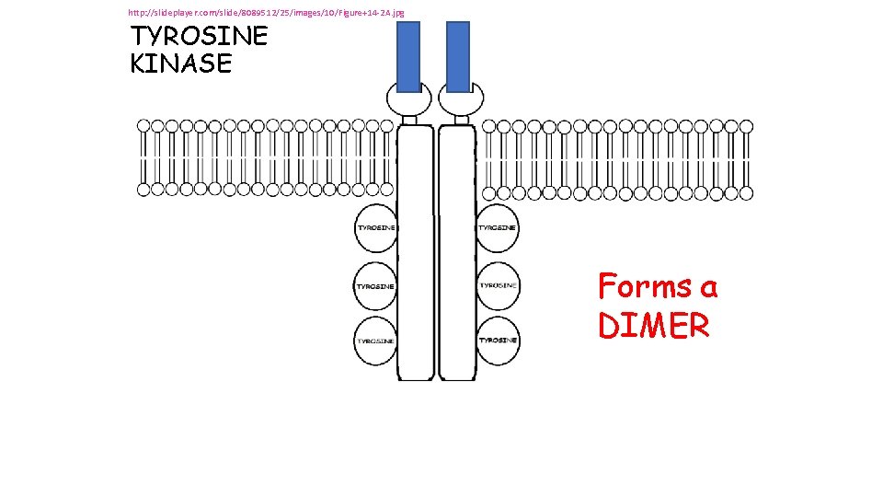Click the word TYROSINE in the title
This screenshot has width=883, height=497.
200,37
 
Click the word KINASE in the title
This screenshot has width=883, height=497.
181,64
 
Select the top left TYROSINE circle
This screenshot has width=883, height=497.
377,227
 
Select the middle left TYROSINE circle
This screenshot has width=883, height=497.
376,286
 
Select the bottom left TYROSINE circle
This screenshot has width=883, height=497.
376,341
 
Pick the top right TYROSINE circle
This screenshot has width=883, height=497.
498,227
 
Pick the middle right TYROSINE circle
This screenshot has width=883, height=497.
498,285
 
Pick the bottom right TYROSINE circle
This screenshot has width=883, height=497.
498,340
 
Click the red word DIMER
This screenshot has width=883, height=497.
653,326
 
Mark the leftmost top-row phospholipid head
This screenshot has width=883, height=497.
144,125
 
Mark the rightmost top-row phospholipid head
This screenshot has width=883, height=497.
745,125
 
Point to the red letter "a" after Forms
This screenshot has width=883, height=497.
708,288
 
